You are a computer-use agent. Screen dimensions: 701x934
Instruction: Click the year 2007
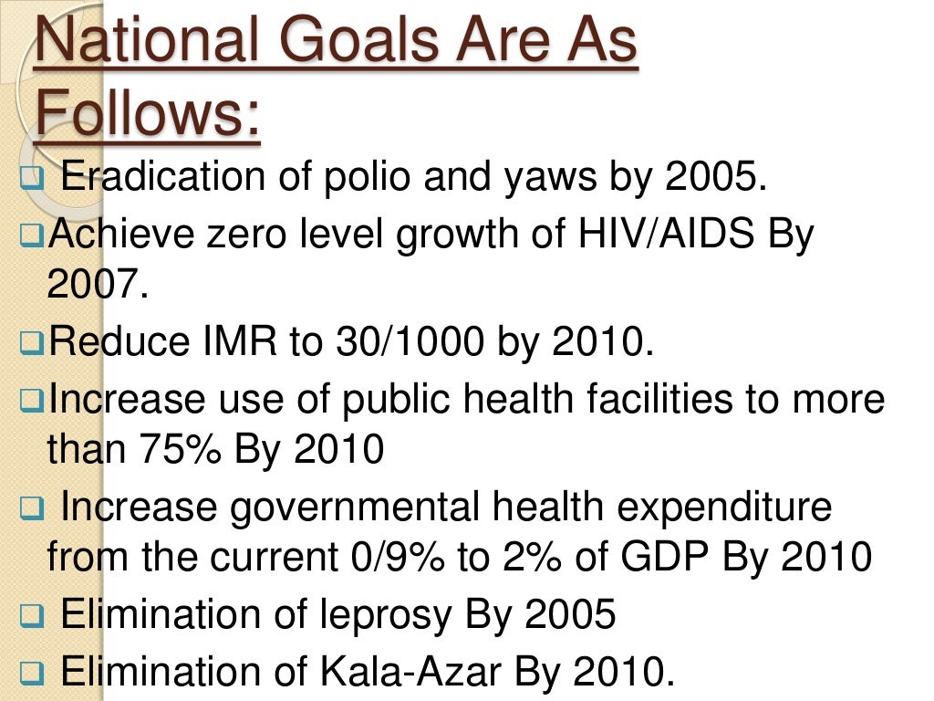point(96,288)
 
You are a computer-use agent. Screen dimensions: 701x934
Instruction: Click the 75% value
point(179,451)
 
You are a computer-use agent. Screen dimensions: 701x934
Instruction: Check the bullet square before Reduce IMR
point(32,345)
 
